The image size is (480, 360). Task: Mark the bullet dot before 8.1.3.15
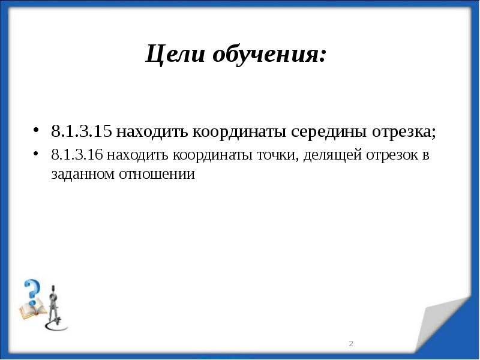click(37, 131)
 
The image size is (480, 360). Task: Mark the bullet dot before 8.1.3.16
click(37, 154)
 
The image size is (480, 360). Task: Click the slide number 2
click(351, 344)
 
